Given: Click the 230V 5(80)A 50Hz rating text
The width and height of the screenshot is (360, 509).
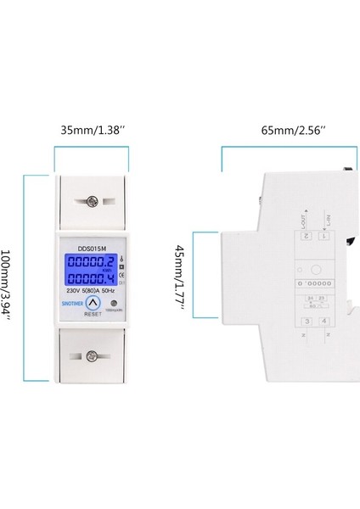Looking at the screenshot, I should (x=93, y=289).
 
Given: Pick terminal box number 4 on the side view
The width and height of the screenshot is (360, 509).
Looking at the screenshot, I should (x=325, y=322).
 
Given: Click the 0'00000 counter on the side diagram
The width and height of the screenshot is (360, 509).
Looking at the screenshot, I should (x=315, y=283).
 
